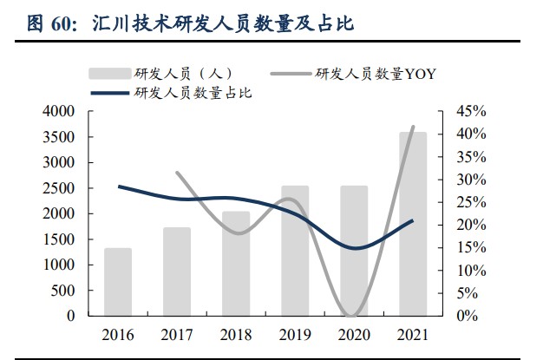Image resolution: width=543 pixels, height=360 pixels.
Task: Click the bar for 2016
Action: pos(118,282)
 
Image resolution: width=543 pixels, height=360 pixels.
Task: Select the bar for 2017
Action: pos(177,272)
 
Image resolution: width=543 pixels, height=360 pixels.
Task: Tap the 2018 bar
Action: pos(236,264)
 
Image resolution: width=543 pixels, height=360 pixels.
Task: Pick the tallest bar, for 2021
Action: pos(413,224)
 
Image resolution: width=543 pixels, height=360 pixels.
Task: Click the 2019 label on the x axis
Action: pos(295,335)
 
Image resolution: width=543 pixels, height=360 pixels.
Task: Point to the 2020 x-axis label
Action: pos(354,335)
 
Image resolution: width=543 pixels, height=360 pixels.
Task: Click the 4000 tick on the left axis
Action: pos(58,111)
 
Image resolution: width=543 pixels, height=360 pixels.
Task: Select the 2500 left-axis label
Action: pos(58,188)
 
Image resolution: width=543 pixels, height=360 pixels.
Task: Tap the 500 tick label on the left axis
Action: pos(62,291)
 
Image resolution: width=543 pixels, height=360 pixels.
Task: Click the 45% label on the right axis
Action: pos(471,111)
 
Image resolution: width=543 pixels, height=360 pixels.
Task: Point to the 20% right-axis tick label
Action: pos(471,225)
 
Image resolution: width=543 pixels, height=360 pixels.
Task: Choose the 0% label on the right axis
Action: pos(468,316)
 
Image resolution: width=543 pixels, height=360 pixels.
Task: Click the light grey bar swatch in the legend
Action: pos(110,74)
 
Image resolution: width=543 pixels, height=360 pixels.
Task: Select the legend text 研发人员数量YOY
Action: pos(376,74)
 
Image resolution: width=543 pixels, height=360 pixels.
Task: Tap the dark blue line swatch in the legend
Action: pos(110,93)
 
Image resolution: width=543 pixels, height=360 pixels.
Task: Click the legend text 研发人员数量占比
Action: pos(193,93)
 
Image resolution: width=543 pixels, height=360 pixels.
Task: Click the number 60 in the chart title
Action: pos(61,24)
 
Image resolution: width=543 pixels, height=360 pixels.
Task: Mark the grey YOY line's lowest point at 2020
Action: pos(351,315)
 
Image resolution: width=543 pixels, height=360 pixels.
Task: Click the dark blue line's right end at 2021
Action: pos(412,220)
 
